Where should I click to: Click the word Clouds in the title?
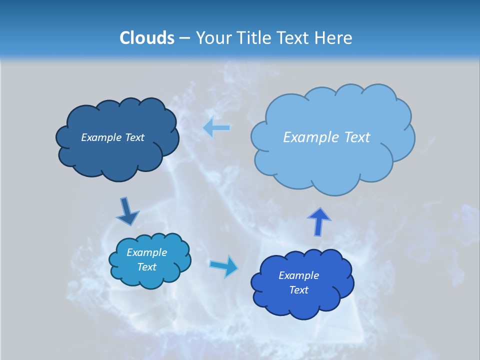point(147,38)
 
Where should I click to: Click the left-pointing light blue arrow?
point(217,128)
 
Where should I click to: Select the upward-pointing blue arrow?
point(319,221)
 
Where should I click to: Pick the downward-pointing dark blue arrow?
point(127,211)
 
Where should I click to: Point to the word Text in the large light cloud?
point(357,137)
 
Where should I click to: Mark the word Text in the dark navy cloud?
point(135,137)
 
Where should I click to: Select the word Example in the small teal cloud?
point(147,252)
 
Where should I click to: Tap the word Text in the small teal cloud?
point(147,267)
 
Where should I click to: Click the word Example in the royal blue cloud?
point(299,275)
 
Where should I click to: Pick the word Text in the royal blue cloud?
point(299,290)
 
